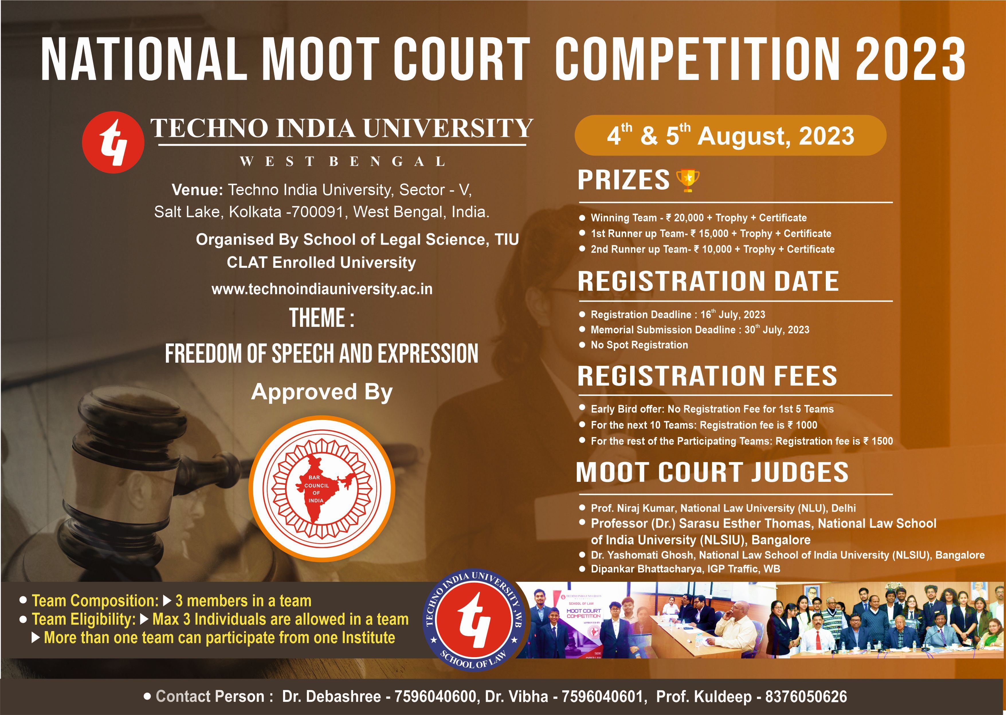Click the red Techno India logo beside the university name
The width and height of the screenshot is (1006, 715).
113,142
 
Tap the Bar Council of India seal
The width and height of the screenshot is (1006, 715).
322,489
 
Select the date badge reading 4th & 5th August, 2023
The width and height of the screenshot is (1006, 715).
730,135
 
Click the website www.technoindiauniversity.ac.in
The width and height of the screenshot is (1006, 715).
322,289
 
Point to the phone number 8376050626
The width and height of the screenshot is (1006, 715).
806,696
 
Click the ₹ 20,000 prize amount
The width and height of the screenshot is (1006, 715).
685,218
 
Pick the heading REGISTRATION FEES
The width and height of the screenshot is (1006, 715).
707,376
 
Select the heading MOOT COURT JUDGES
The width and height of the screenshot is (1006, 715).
712,472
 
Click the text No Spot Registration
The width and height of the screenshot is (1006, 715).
639,345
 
